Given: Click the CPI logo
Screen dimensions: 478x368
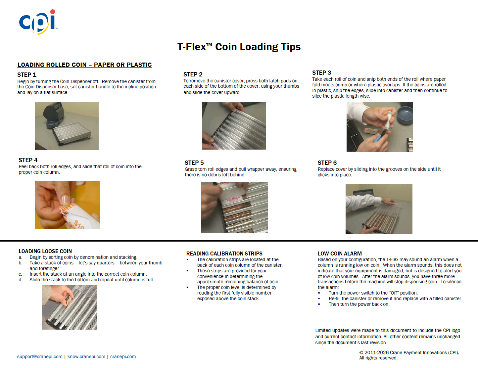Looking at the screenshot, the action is (x=38, y=22).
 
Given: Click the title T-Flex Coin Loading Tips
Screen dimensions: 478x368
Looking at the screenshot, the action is (x=239, y=47).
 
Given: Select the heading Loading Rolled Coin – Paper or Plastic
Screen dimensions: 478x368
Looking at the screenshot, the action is (x=85, y=65).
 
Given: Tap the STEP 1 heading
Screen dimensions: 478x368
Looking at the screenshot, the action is (x=27, y=75).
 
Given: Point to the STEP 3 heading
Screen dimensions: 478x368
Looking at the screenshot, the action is (x=322, y=73).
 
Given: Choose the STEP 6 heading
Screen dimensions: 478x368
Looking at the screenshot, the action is (x=327, y=163).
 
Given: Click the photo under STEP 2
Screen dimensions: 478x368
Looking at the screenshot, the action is (x=234, y=126).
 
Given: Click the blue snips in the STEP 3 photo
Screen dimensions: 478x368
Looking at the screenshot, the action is (x=379, y=138).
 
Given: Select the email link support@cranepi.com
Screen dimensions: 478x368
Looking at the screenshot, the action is (x=40, y=356).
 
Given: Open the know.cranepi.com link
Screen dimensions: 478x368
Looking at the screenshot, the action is (x=86, y=356).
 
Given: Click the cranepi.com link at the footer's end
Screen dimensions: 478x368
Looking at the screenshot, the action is (x=123, y=356).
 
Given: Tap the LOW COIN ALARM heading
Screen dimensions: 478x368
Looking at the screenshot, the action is (x=340, y=253).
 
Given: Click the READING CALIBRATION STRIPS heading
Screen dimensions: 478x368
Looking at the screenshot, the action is (x=224, y=253).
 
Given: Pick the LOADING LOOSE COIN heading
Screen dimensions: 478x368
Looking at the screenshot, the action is (x=45, y=251).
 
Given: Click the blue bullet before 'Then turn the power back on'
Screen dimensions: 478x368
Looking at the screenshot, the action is (x=319, y=304).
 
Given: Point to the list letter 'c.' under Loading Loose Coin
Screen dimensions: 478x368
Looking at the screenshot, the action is (x=21, y=274).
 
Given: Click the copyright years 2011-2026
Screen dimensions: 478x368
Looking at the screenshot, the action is (x=377, y=352).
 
